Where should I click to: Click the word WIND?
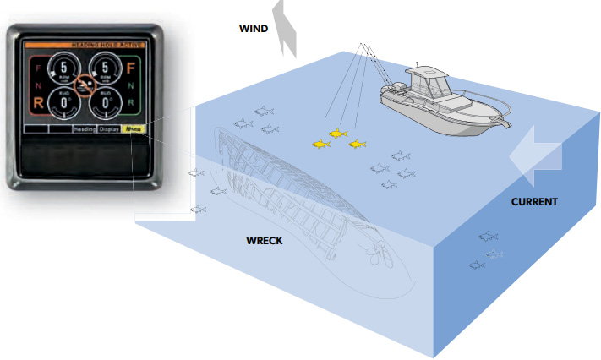point(254,28)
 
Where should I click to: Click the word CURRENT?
point(534,202)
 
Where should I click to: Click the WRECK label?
point(264,241)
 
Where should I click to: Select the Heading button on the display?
point(85,129)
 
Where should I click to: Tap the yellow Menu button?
point(134,129)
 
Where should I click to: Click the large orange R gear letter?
point(38,103)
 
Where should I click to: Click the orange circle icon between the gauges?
point(84,85)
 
